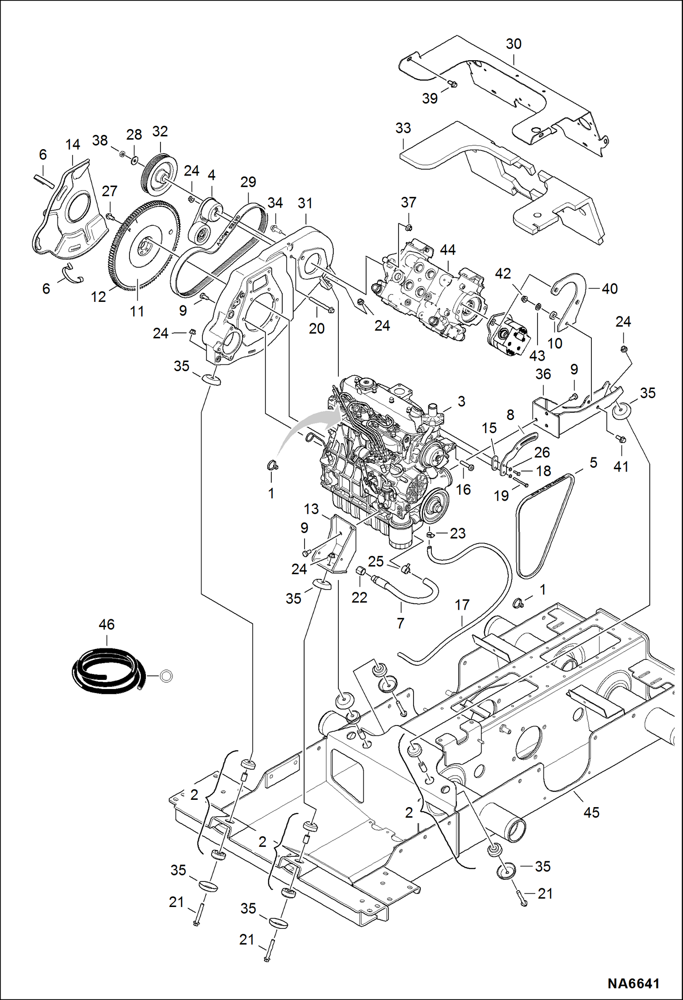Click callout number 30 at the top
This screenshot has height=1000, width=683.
point(513,44)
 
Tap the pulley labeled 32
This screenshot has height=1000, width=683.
point(158,175)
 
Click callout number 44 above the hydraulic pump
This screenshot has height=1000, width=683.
point(448,249)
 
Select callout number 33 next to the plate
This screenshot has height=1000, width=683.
point(403,128)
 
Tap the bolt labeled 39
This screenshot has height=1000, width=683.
point(453,84)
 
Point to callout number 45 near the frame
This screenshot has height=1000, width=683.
point(591,812)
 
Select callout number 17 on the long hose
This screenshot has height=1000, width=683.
point(462,605)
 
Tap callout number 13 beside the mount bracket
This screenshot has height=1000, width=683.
point(311,509)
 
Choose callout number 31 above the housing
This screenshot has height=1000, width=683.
point(305,203)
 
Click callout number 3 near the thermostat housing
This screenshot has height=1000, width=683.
point(461,401)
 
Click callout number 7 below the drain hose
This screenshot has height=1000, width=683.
point(400,623)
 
